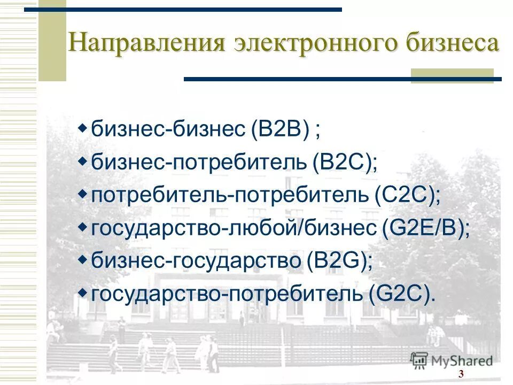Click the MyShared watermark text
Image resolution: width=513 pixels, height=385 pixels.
click(x=462, y=361)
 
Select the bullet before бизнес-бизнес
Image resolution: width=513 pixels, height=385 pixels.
click(x=82, y=128)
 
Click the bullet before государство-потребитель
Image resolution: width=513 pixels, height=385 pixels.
click(x=82, y=292)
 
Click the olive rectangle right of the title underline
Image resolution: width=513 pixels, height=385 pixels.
click(x=452, y=75)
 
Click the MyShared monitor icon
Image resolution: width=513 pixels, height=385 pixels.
click(x=419, y=360)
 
